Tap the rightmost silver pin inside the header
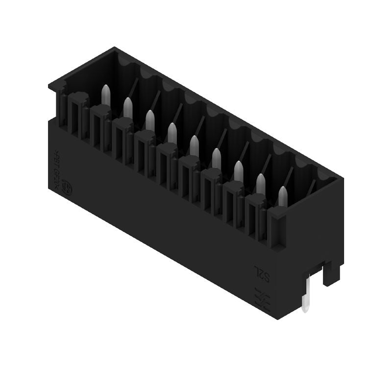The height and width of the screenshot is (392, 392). click(x=283, y=196)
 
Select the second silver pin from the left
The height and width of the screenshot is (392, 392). click(x=127, y=107)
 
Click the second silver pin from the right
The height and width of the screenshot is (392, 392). click(x=261, y=184)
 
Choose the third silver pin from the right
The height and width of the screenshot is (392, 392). click(x=239, y=171)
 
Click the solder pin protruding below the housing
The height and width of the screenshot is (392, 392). click(x=305, y=296)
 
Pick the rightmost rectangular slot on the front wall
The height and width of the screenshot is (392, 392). click(x=254, y=217)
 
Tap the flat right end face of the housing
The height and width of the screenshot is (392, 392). click(x=314, y=230)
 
